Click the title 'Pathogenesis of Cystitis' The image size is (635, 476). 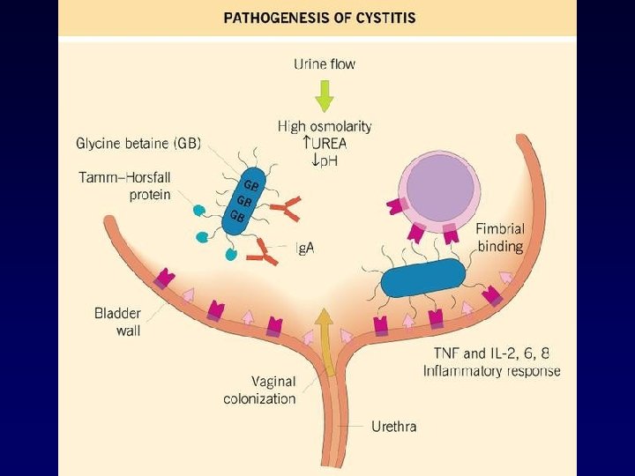(319, 18)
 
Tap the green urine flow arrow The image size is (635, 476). (325, 94)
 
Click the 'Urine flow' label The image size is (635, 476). (325, 63)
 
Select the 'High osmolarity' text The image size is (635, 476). (325, 127)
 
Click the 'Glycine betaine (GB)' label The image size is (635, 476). (138, 144)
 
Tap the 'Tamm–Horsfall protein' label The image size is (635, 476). (125, 186)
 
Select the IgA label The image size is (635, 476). (303, 249)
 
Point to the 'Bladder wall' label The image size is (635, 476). (117, 322)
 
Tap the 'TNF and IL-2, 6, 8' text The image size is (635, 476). (487, 353)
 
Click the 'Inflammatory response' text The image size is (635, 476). (491, 370)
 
